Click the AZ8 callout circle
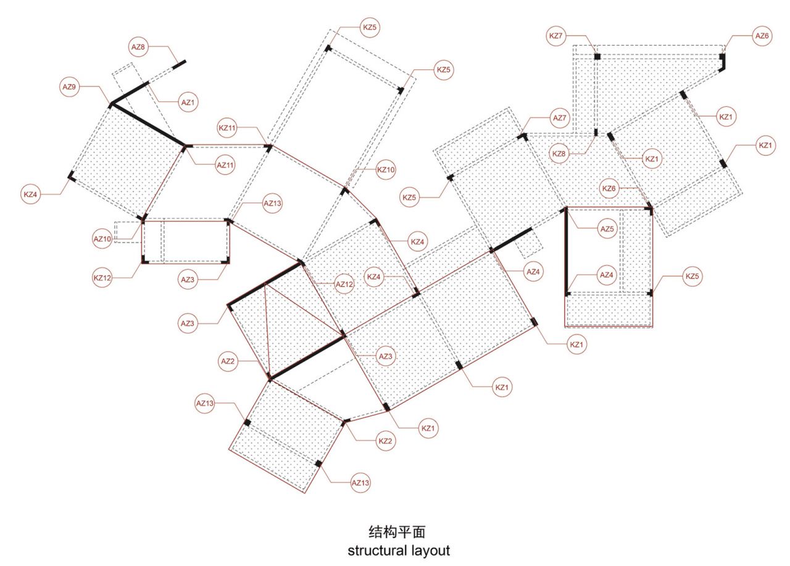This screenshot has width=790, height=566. [x=138, y=47]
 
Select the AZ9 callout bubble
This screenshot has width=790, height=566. [x=69, y=87]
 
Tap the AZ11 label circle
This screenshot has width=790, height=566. [x=225, y=165]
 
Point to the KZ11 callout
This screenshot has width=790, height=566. [x=227, y=128]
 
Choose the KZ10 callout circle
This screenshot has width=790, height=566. [x=386, y=170]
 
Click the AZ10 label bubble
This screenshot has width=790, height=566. [x=102, y=239]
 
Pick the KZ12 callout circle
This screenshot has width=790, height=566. [x=102, y=278]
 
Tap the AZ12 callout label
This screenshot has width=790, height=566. [x=344, y=284]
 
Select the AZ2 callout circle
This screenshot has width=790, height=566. [x=228, y=361]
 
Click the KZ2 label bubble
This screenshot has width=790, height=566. [x=386, y=441]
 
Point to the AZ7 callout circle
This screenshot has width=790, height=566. [x=560, y=118]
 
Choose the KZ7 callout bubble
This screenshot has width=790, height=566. [x=556, y=36]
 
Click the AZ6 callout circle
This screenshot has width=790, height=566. [x=762, y=36]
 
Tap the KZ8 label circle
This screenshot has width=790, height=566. [x=559, y=154]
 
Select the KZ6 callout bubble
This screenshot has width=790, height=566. [x=609, y=189]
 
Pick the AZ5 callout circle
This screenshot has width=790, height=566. [x=607, y=229]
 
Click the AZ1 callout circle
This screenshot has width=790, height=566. [x=188, y=102]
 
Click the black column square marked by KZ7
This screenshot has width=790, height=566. [x=597, y=56]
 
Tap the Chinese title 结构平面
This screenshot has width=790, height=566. [x=397, y=532]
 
